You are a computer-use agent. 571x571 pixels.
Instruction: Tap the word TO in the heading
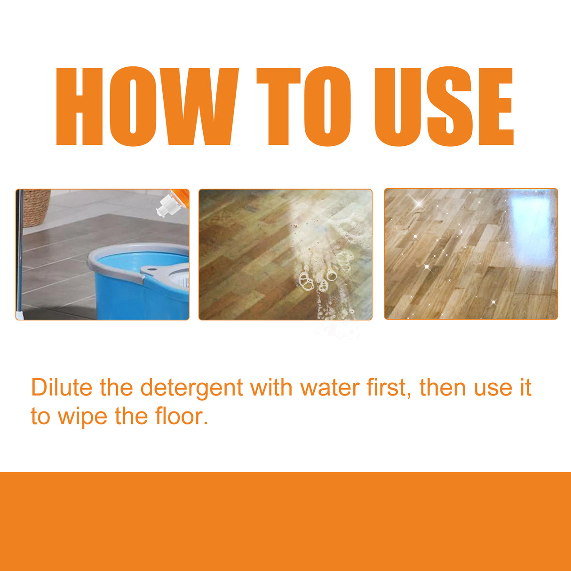pyautogui.click(x=304, y=106)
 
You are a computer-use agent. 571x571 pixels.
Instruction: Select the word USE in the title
pyautogui.click(x=443, y=106)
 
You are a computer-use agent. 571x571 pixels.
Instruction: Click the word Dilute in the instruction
pyautogui.click(x=61, y=388)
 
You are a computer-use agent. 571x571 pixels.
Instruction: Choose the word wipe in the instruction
pyautogui.click(x=82, y=416)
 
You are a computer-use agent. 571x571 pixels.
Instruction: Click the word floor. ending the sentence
pyautogui.click(x=182, y=416)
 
